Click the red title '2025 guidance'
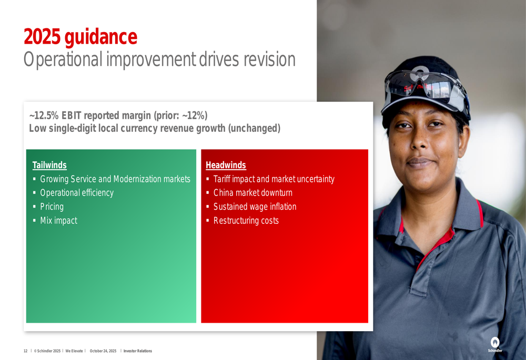point(80,37)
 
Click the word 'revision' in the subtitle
point(269,59)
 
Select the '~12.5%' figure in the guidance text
point(44,115)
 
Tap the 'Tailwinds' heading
point(49,165)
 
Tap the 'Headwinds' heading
point(226,165)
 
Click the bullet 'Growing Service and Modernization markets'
point(115,179)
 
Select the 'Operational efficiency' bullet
point(77,193)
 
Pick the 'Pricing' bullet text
point(52,207)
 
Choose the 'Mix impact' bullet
point(59,220)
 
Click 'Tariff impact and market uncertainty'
point(274,179)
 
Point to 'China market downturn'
point(253,193)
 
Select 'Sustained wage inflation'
point(255,207)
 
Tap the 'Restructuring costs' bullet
point(246,220)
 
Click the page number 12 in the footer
point(25,351)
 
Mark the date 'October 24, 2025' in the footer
point(103,351)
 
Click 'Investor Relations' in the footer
point(137,351)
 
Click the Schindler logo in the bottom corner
point(495,345)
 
